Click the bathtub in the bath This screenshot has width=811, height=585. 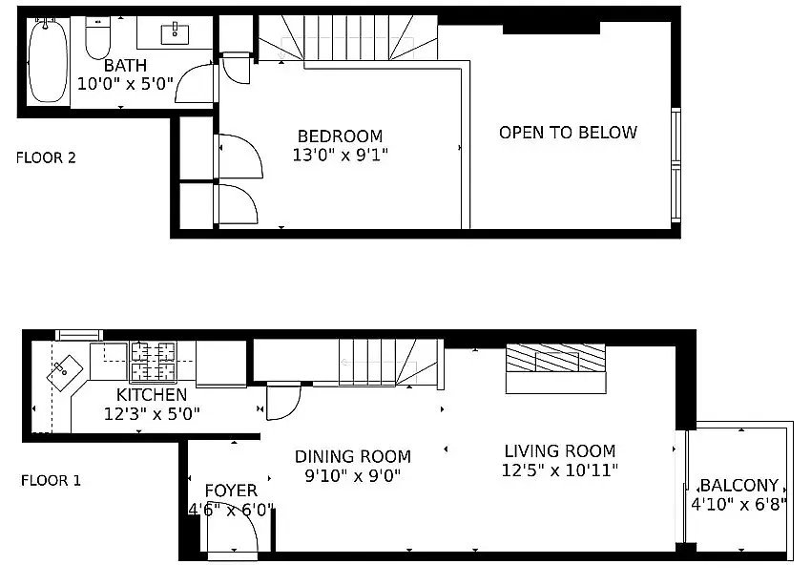48,60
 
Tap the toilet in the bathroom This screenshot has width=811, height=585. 97,37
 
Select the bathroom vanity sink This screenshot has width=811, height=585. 175,33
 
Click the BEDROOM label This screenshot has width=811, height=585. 341,136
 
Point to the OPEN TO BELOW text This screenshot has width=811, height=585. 568,133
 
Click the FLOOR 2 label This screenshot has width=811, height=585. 46,157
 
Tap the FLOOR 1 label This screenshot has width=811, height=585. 51,481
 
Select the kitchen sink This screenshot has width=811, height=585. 65,372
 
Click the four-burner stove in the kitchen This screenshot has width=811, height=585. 153,361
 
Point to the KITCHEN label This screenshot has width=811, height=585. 152,395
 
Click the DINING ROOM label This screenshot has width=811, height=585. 353,456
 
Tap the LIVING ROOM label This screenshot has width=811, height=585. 560,451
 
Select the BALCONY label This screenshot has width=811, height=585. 739,485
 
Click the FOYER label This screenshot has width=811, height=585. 231,491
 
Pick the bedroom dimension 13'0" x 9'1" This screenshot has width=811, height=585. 341,155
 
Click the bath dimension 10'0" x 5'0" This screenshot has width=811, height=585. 125,83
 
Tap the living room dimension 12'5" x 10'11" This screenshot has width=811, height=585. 560,470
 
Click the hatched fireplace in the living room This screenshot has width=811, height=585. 555,358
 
